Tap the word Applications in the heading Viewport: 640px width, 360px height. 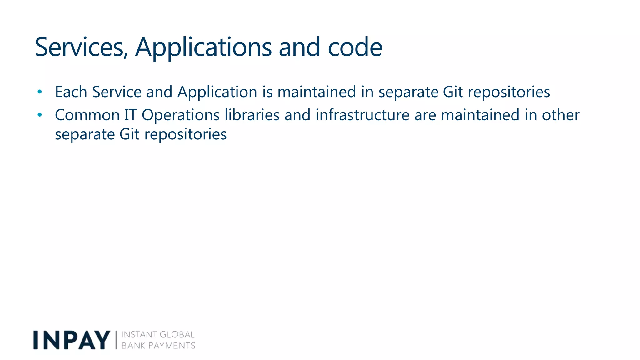pos(203,47)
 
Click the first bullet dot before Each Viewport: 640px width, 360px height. pos(39,92)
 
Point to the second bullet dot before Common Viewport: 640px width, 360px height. pos(39,115)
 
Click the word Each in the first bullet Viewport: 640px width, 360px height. pos(71,92)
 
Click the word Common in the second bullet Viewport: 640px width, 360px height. pos(87,115)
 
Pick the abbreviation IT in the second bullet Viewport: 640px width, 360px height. pos(131,115)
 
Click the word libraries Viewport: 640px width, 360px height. pos(252,115)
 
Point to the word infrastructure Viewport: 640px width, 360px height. pos(362,115)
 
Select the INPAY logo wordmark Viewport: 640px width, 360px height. pos(72,340)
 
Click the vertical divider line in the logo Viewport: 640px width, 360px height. pos(116,340)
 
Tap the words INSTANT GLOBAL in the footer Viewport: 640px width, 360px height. pos(158,335)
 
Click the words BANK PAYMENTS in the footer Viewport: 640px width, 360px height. pos(158,346)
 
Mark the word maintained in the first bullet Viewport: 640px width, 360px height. pos(317,92)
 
